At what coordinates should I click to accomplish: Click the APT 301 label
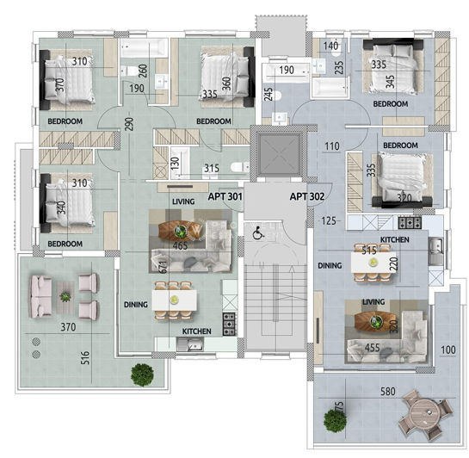pyautogui.click(x=225, y=196)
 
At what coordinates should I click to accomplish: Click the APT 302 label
pyautogui.click(x=305, y=196)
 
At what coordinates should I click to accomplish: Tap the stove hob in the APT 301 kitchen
pyautogui.click(x=231, y=323)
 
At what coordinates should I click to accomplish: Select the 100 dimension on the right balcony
pyautogui.click(x=447, y=349)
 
